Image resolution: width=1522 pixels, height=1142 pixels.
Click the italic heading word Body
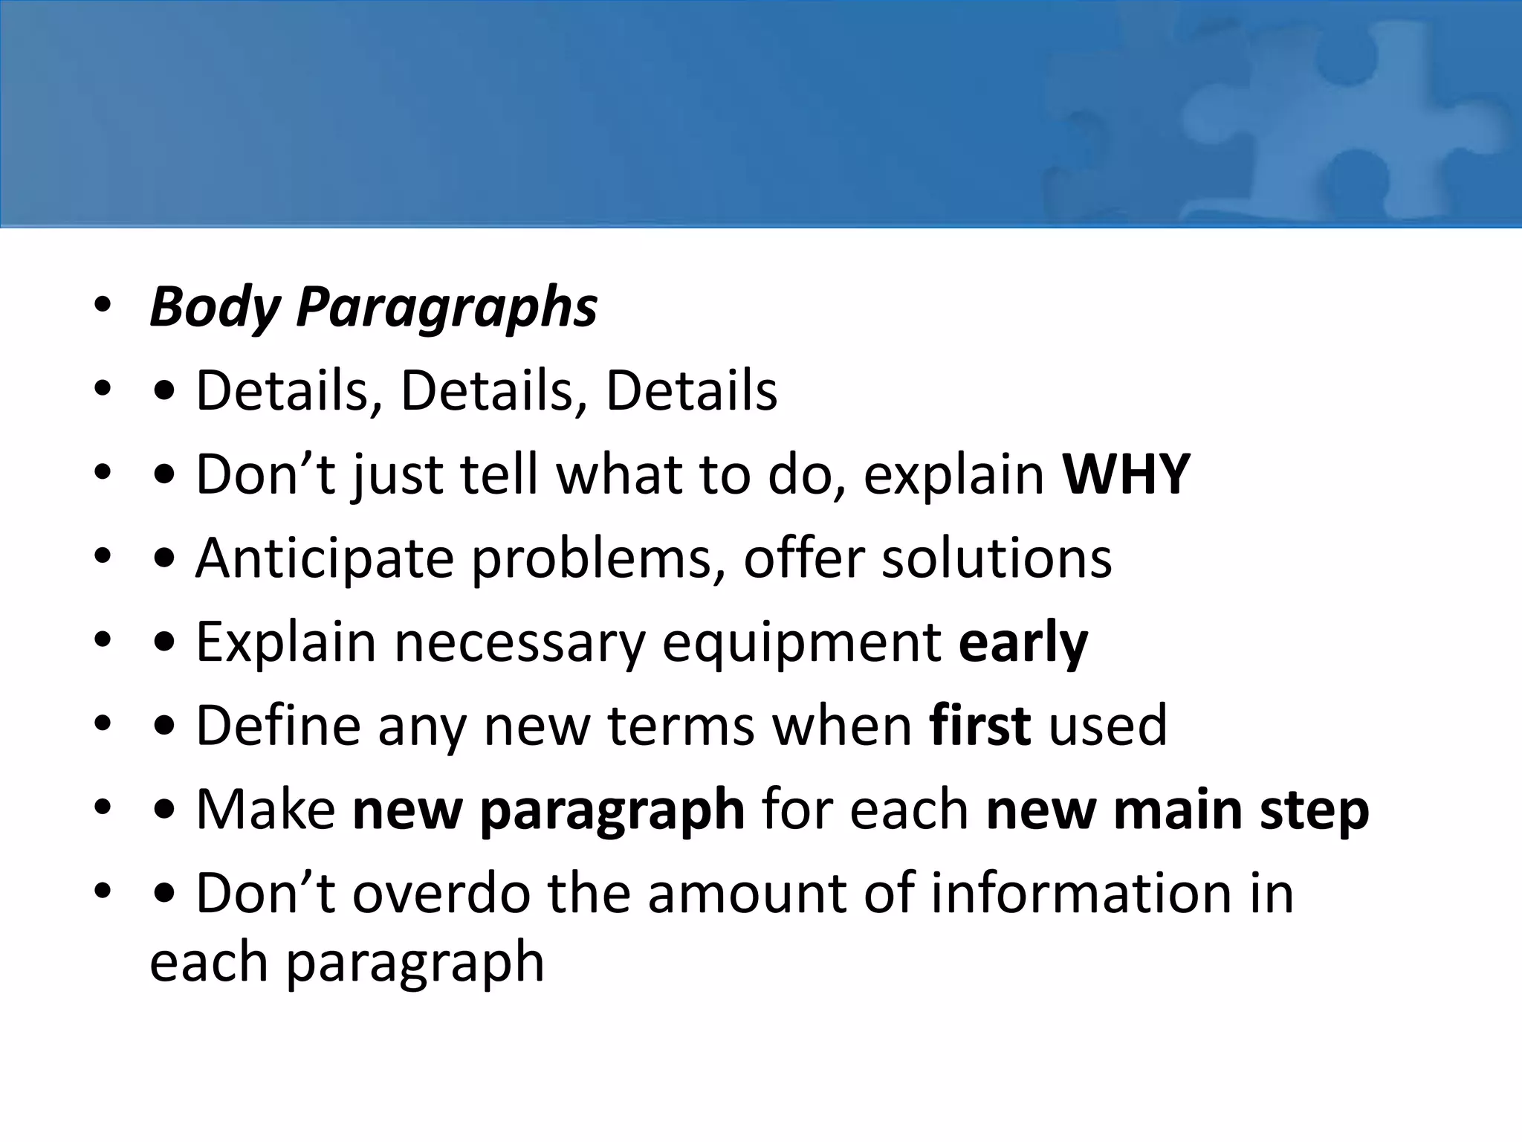pos(214,307)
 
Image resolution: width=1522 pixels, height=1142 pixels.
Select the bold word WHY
pos(1126,474)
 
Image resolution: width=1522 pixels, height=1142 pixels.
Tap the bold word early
pos(1023,642)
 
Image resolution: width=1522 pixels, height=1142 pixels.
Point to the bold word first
pos(979,726)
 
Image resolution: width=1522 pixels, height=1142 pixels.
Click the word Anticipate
pos(324,558)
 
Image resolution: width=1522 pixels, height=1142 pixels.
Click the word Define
pos(278,726)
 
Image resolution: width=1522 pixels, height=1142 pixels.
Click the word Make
pos(265,810)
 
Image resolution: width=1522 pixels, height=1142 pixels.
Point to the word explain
pos(954,476)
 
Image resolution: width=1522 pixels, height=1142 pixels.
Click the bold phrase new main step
pos(1177,810)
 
